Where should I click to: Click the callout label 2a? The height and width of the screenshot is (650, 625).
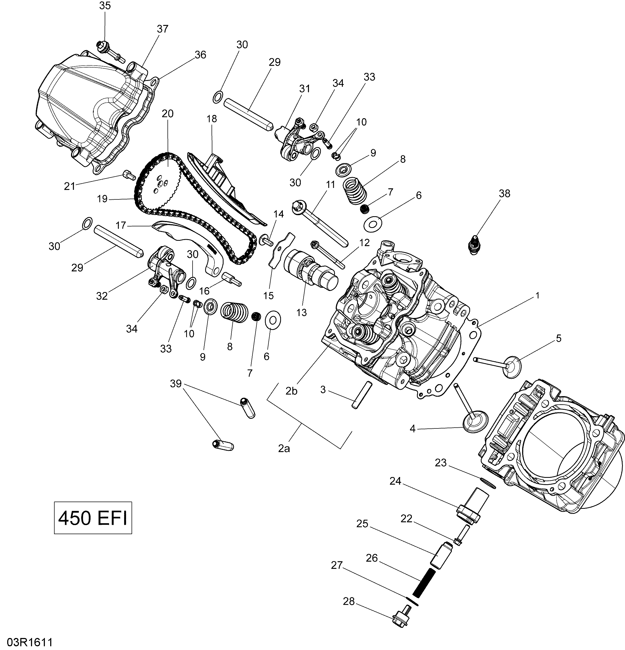point(284,449)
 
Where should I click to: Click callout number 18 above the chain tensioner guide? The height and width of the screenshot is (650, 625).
point(212,119)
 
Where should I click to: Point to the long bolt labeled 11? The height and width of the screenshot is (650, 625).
point(318,222)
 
